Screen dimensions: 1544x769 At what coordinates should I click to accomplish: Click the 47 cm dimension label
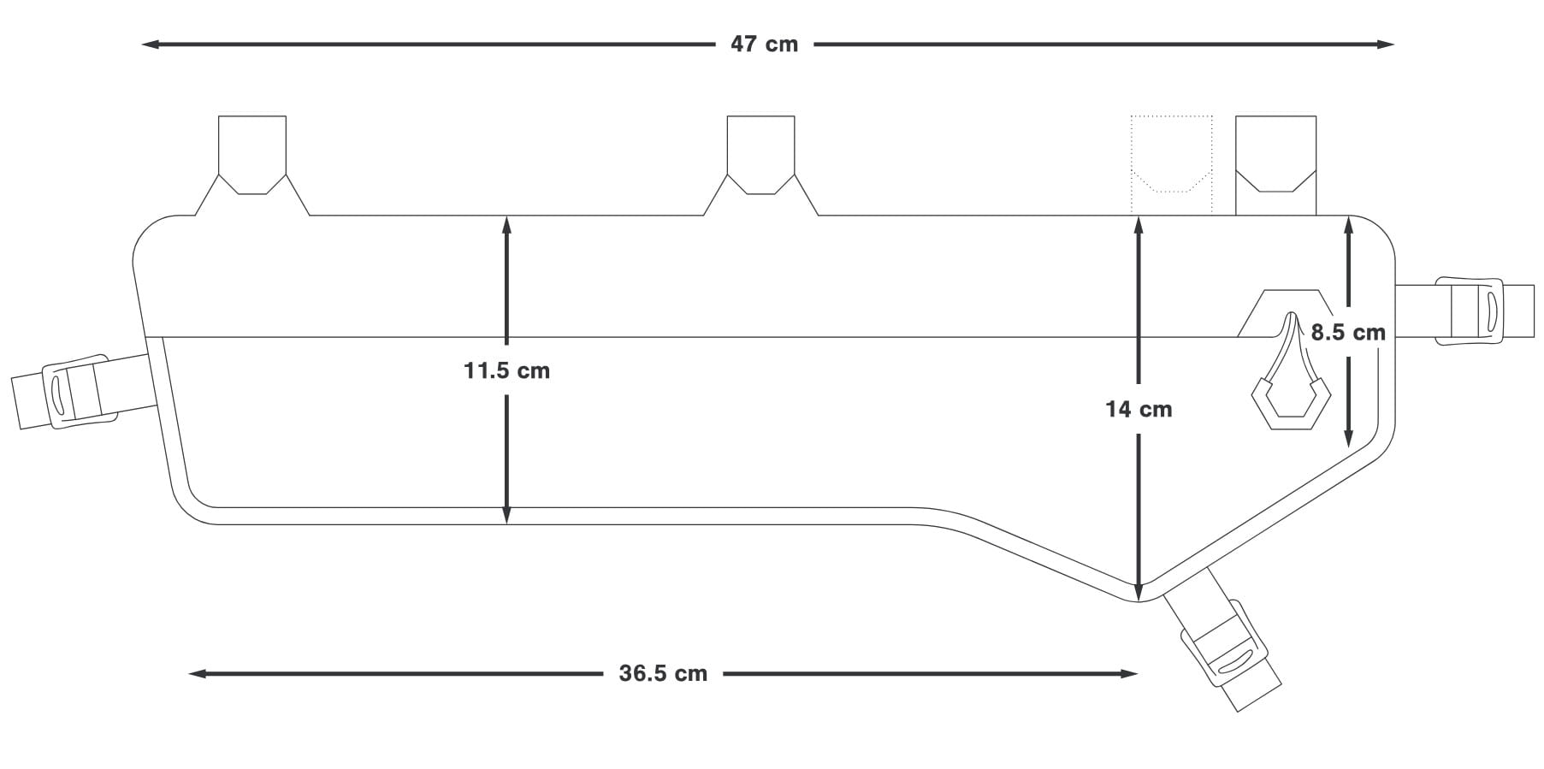(764, 44)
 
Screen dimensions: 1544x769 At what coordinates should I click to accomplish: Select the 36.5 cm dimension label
(663, 673)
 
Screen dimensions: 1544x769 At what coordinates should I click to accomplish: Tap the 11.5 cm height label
(506, 370)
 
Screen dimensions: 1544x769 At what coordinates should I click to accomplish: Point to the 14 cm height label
(1139, 409)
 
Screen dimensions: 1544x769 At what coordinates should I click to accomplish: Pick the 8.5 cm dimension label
(1348, 332)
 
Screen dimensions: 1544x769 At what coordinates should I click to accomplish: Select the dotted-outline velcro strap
(1172, 164)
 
